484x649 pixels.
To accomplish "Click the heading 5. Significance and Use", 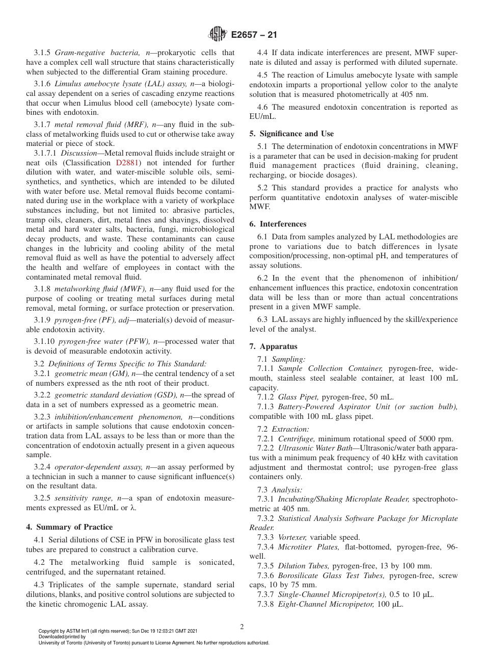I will click(291, 134).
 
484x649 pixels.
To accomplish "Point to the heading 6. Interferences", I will click(278, 224).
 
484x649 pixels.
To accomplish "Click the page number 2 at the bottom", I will click(242, 627).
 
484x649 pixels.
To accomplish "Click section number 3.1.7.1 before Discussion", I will click(46, 153).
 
